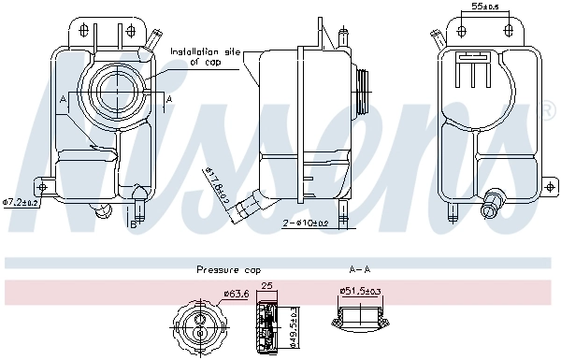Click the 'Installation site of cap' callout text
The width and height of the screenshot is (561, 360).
[x=206, y=56]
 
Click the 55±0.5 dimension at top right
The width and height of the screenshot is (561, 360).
[x=484, y=7]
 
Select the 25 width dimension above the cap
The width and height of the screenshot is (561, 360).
[x=266, y=286]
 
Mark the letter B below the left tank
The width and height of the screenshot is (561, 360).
[x=133, y=223]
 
